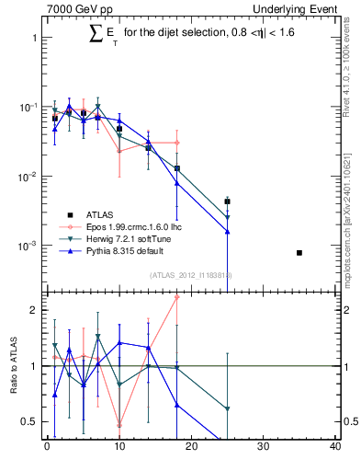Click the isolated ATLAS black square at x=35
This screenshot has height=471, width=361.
299,252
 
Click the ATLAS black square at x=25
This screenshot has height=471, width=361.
227,201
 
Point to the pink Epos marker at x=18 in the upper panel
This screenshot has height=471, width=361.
176,143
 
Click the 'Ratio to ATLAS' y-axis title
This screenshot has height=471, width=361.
13,365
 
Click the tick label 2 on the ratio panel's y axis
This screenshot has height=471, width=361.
33,311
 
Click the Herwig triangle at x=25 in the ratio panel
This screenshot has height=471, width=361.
227,408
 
